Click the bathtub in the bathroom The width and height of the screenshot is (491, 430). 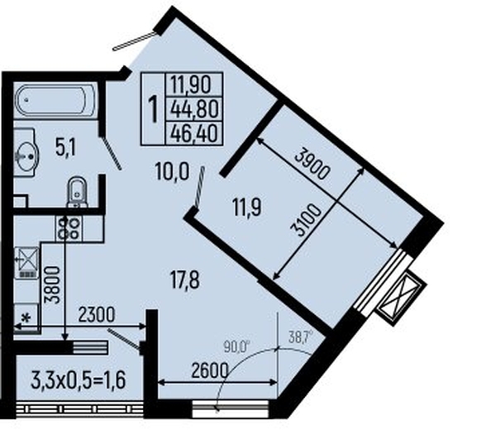click(55, 100)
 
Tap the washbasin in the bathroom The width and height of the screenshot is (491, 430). click(26, 152)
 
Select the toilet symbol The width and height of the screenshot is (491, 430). click(77, 192)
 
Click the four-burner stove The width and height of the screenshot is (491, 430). click(69, 228)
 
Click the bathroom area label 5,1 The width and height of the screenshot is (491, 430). click(65, 149)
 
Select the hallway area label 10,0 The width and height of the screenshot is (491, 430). click(172, 172)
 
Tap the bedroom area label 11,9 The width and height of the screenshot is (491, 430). click(247, 207)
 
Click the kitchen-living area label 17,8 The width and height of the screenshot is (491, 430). click(185, 280)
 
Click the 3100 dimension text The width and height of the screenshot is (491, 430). click(307, 221)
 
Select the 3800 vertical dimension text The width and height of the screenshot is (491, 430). click(52, 285)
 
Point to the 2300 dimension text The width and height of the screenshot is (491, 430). click(97, 315)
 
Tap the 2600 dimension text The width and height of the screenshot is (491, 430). click(210, 371)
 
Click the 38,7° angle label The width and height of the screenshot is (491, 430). click(299, 338)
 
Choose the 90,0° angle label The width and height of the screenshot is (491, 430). click(237, 346)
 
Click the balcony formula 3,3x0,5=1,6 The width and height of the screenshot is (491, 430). click(79, 380)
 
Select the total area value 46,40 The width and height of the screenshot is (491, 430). click(194, 134)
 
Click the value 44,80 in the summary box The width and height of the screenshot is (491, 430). click(194, 109)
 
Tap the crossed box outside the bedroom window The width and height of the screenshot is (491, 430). click(402, 299)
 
